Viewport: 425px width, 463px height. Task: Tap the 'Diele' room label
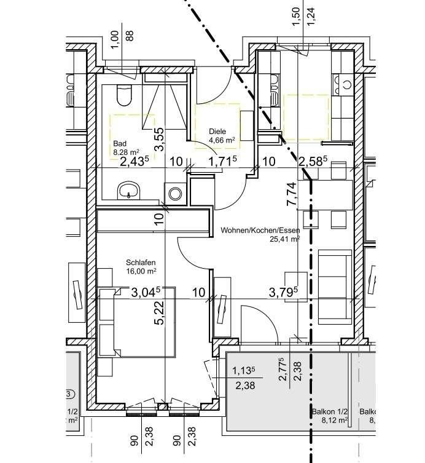[217, 131]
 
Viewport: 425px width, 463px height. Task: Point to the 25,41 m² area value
[283, 240]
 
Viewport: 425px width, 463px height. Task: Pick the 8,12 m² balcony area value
[334, 421]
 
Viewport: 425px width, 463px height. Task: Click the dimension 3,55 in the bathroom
[158, 139]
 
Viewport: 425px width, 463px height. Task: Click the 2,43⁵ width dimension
[135, 162]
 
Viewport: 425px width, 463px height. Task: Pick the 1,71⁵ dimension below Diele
[224, 162]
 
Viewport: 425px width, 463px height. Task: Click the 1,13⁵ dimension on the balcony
[245, 371]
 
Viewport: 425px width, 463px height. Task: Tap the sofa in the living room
[334, 286]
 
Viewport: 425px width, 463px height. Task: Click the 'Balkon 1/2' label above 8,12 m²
[329, 412]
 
